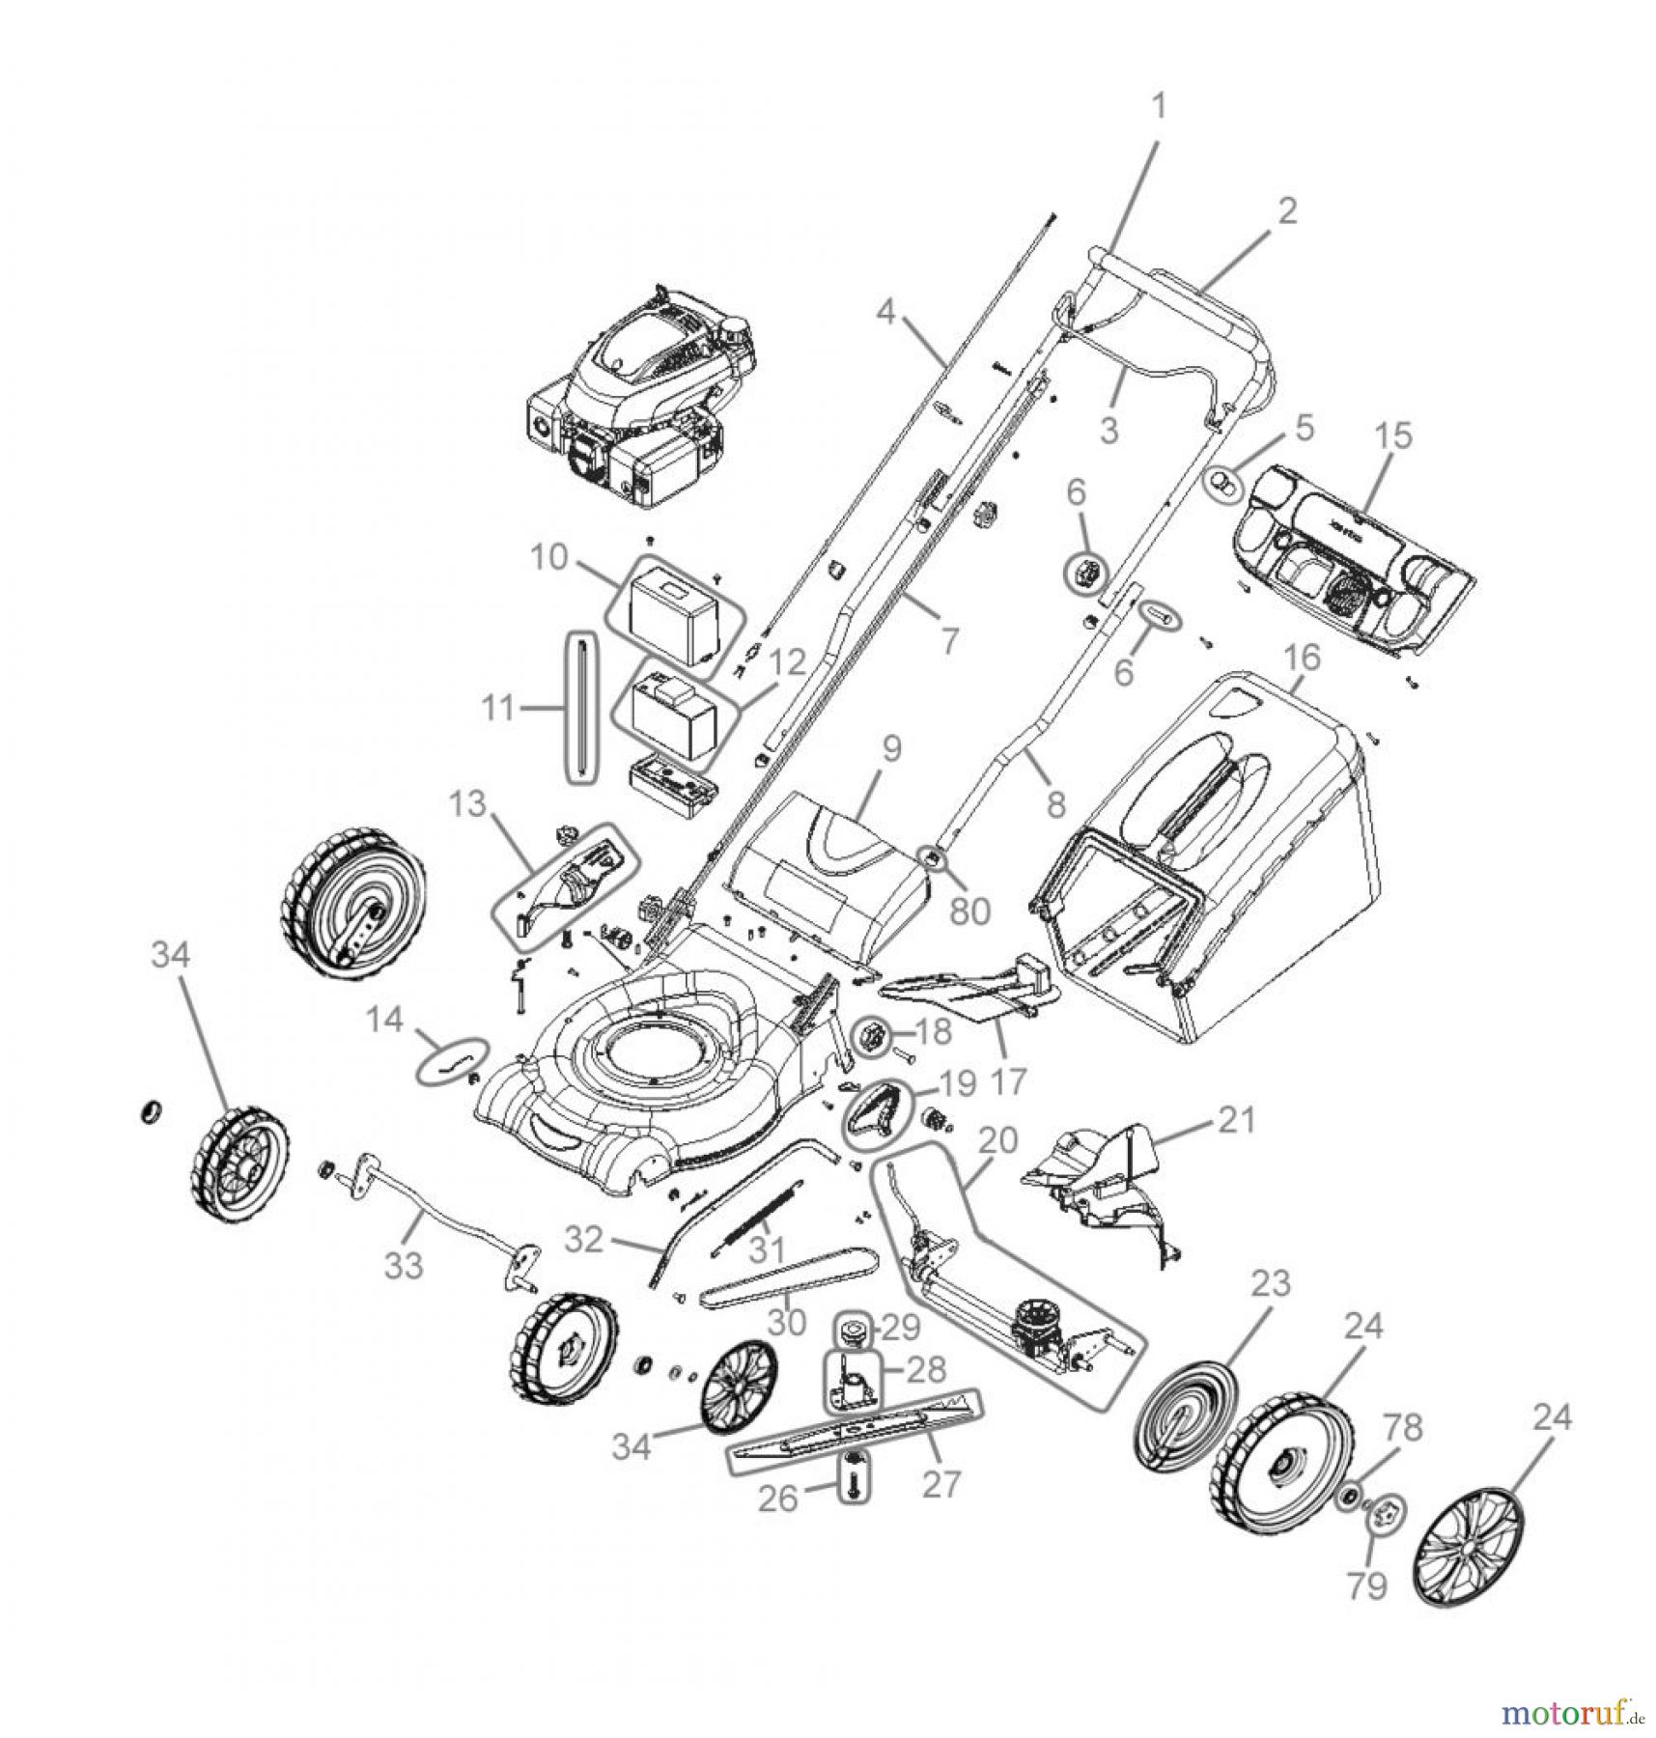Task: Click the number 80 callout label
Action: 969,909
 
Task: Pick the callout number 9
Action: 890,746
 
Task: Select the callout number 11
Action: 498,709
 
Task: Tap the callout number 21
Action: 1238,1121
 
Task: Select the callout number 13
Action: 469,803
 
